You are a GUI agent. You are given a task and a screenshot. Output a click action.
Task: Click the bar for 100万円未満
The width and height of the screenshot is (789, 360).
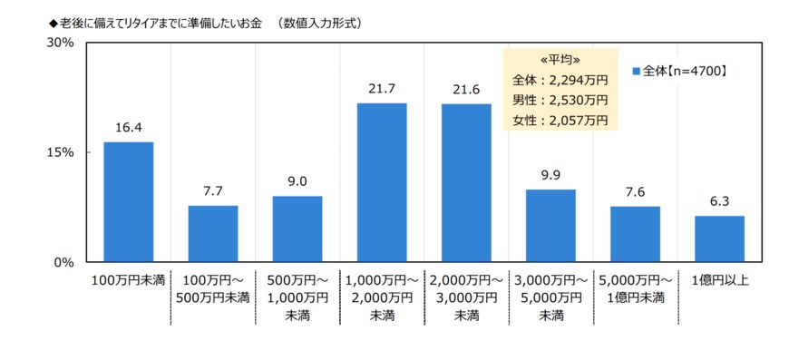pyautogui.click(x=128, y=202)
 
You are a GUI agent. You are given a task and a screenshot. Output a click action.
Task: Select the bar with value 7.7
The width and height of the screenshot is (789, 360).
pyautogui.click(x=212, y=234)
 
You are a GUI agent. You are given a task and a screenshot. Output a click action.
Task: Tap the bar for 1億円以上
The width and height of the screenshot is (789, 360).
pyautogui.click(x=719, y=239)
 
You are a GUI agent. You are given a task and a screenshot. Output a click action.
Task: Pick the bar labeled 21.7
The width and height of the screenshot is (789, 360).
pyautogui.click(x=381, y=182)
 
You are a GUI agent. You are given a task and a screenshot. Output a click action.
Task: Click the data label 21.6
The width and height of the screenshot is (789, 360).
pyautogui.click(x=466, y=90)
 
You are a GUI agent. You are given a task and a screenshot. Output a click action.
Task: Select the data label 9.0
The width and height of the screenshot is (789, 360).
pyautogui.click(x=297, y=181)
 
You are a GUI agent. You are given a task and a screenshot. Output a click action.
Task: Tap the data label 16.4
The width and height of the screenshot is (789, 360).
pyautogui.click(x=128, y=128)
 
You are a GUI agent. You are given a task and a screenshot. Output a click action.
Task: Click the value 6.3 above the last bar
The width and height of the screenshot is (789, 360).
pyautogui.click(x=719, y=201)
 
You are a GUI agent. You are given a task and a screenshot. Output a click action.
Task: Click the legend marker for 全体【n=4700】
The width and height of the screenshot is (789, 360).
pyautogui.click(x=637, y=70)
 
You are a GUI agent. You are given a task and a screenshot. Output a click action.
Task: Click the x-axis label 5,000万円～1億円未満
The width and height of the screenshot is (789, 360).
pyautogui.click(x=635, y=288)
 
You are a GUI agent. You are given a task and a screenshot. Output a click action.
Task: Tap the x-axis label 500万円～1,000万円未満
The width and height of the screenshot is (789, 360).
pyautogui.click(x=297, y=297)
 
